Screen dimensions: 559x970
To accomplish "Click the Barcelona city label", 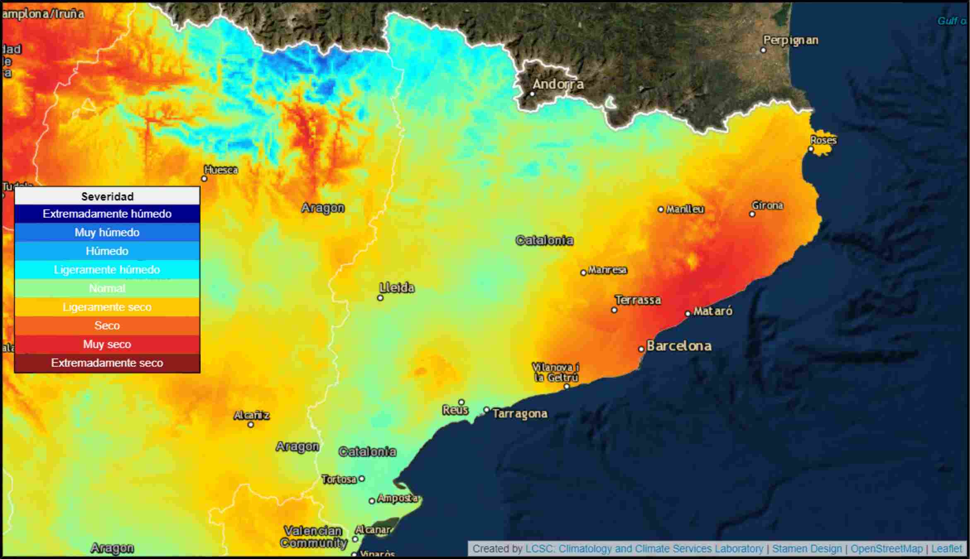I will tap(679, 346).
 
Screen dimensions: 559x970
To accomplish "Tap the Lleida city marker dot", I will tap(380, 298).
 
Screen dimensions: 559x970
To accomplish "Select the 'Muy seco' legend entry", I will tap(107, 344).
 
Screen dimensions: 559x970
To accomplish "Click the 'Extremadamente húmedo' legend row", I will tap(107, 214).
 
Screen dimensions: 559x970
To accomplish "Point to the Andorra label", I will tap(558, 84).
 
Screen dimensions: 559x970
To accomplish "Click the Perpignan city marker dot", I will tap(763, 50).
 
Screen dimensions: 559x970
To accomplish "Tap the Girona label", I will tap(767, 205).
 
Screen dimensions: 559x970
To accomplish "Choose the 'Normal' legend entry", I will tap(107, 288).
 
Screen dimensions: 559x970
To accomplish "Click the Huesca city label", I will tap(221, 170).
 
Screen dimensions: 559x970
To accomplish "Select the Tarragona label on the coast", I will tap(520, 414).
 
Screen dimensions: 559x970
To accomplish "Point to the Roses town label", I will tap(823, 140).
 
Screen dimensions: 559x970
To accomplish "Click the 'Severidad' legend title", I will tap(107, 196).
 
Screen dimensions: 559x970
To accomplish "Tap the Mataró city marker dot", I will tap(688, 313).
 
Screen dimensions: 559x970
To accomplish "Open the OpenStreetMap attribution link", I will tap(886, 549).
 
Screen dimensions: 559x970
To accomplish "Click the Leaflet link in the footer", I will tap(946, 549).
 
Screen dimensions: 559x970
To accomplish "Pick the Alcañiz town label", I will tap(251, 415).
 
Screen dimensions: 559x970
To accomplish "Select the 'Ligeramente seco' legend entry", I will tap(107, 307).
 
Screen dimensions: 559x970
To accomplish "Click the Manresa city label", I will tap(607, 270).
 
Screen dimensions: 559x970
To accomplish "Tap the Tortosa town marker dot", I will tap(362, 479).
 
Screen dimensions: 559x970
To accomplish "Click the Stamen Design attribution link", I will tap(807, 549).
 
